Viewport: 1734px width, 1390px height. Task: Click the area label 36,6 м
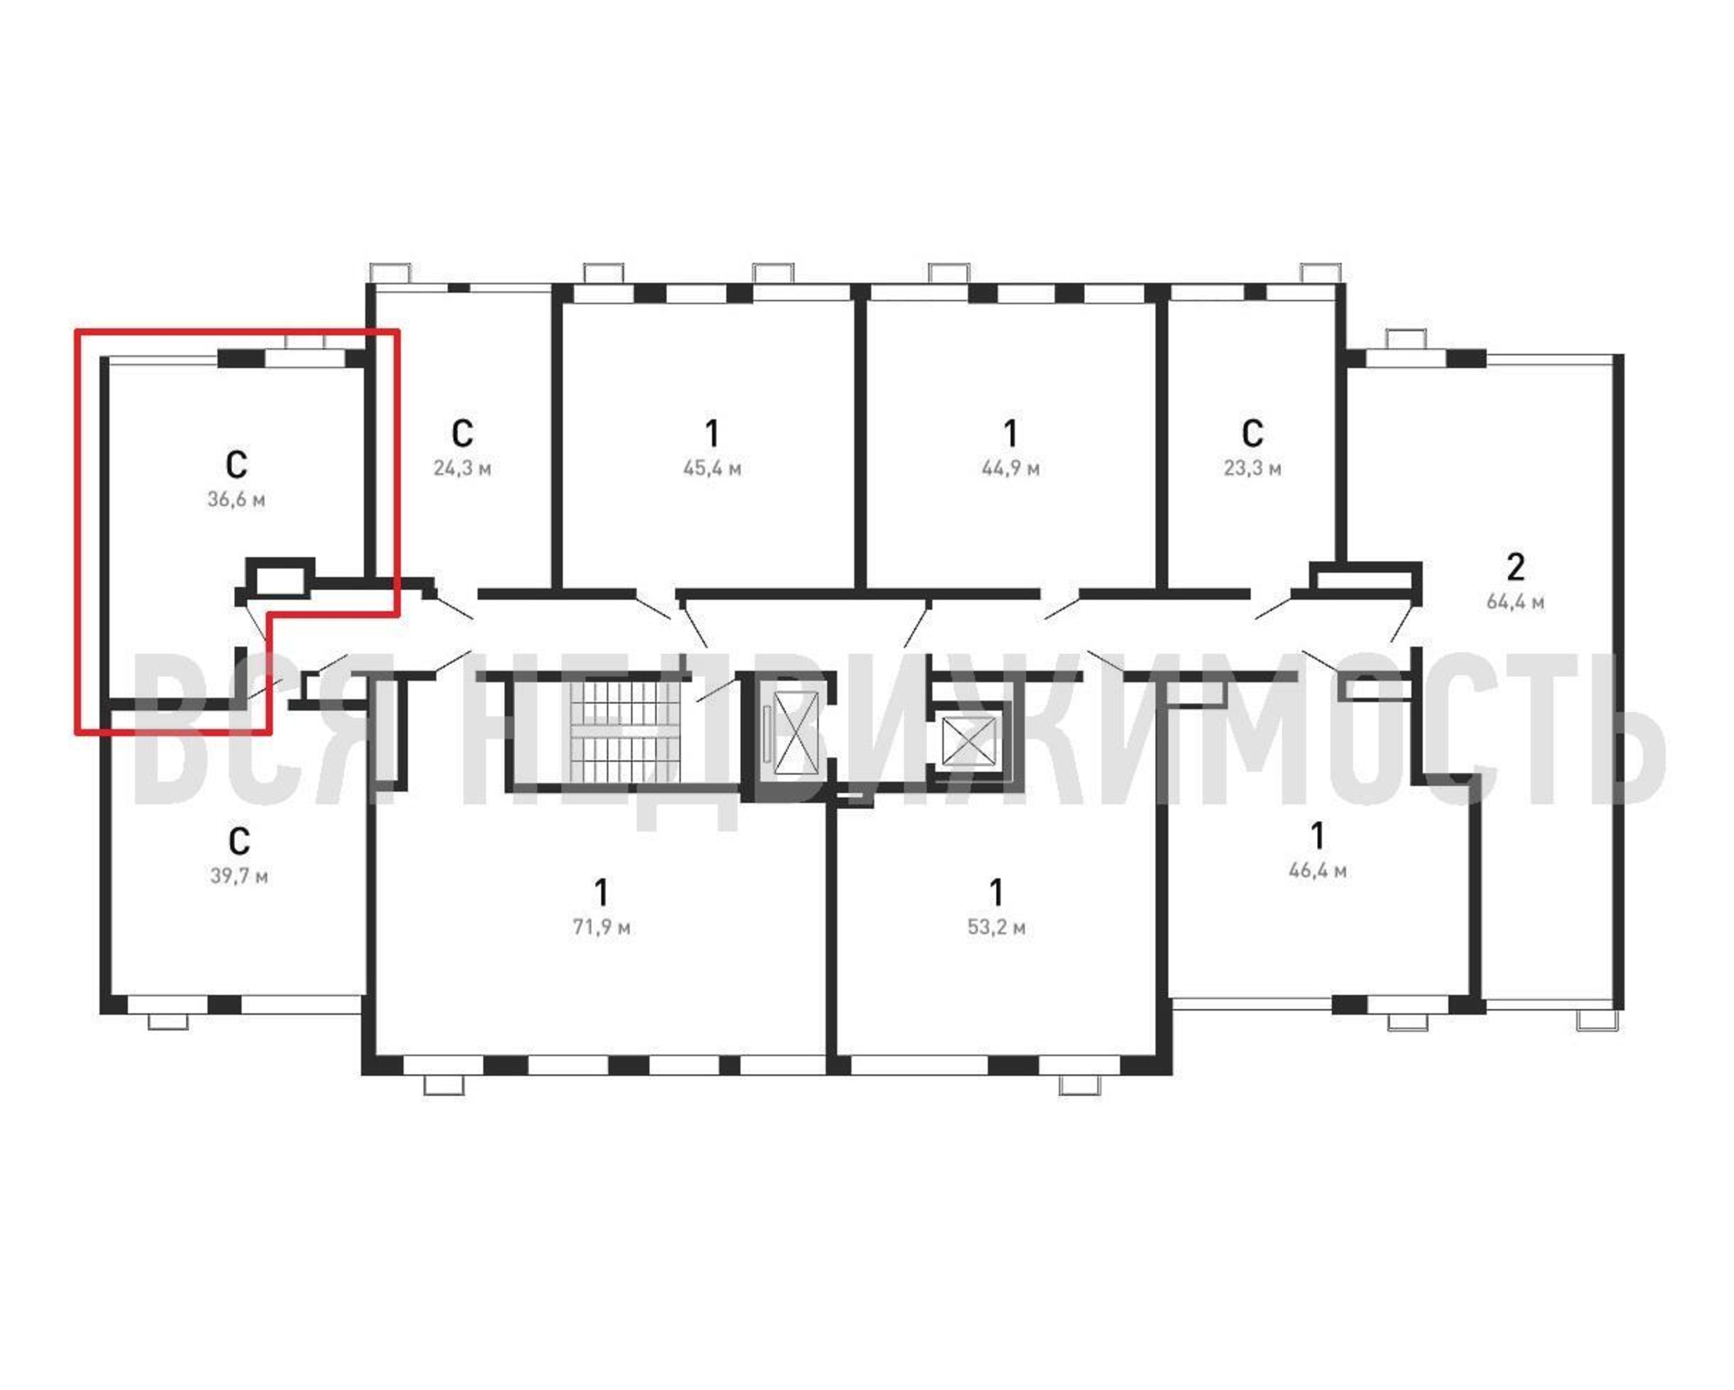pyautogui.click(x=236, y=500)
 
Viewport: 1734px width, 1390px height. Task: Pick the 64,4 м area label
pyautogui.click(x=1515, y=602)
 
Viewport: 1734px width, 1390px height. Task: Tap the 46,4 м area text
pyautogui.click(x=1318, y=870)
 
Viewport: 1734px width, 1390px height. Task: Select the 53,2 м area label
pyautogui.click(x=997, y=926)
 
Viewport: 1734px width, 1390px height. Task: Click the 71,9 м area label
pyautogui.click(x=602, y=926)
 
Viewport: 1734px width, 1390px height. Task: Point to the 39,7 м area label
pyautogui.click(x=239, y=875)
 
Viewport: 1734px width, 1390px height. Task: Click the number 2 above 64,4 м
pyautogui.click(x=1515, y=567)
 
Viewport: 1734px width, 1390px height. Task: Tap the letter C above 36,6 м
pyautogui.click(x=236, y=464)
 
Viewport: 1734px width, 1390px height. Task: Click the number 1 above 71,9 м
pyautogui.click(x=602, y=892)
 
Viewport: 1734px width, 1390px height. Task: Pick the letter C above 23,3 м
pyautogui.click(x=1253, y=433)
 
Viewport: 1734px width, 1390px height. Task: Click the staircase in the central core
pyautogui.click(x=625, y=731)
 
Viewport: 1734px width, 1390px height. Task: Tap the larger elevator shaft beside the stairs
pyautogui.click(x=796, y=733)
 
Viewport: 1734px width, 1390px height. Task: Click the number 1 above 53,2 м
pyautogui.click(x=997, y=892)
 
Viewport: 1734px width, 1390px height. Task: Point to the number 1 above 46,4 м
pyautogui.click(x=1318, y=836)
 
